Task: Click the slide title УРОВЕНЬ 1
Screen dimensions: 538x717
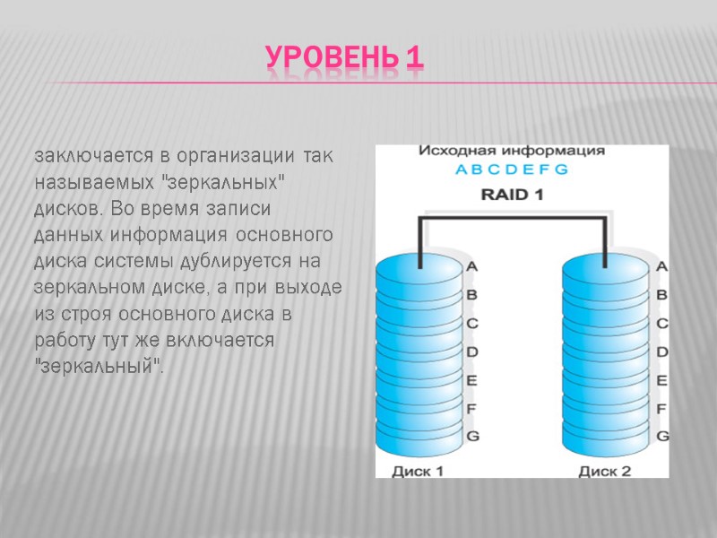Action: point(344,59)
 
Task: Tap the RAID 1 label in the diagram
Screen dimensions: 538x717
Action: point(514,194)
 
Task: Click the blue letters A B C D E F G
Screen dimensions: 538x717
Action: point(512,170)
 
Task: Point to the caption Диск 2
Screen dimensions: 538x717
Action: point(605,470)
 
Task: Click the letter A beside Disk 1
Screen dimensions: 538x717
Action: point(472,266)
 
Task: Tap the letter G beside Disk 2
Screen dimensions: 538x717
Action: point(663,436)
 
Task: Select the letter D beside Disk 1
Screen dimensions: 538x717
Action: point(472,351)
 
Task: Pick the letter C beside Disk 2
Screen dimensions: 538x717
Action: point(663,323)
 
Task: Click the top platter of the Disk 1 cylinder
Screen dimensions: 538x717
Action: point(419,265)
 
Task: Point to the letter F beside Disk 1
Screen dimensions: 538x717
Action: point(472,408)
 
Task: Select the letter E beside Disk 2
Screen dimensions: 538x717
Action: point(663,380)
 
